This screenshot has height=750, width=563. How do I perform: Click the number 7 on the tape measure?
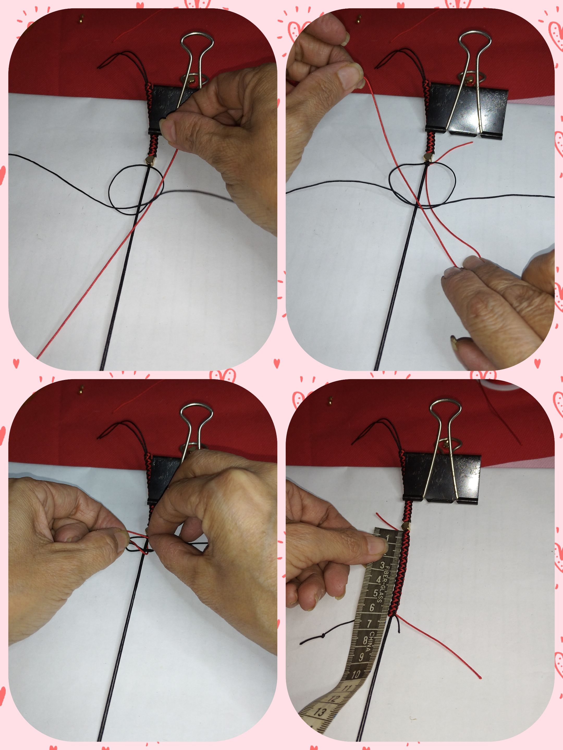pyautogui.click(x=369, y=624)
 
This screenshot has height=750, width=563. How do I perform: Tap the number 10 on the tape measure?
pyautogui.click(x=356, y=674)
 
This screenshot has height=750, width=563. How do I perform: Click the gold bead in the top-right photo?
pyautogui.click(x=428, y=156)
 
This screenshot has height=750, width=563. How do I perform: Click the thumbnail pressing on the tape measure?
pyautogui.click(x=378, y=546)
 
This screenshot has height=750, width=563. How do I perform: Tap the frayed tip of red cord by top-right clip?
pyautogui.click(x=471, y=143)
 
